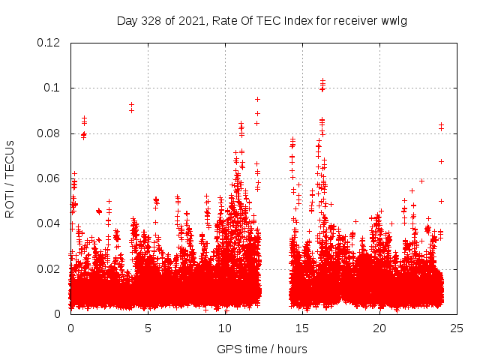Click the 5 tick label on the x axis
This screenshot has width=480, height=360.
(148, 328)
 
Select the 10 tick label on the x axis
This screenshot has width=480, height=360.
(225, 328)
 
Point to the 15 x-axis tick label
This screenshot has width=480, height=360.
(302, 328)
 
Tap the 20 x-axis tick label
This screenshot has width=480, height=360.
(379, 328)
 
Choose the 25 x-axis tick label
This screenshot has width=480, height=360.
(457, 328)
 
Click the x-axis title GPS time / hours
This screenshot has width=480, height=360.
(262, 349)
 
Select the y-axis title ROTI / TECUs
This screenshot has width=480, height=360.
(10, 179)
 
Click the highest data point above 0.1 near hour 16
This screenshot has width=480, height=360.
(322, 79)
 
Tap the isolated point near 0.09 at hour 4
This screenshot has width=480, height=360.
(131, 105)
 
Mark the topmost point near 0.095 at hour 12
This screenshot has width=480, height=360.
(257, 99)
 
